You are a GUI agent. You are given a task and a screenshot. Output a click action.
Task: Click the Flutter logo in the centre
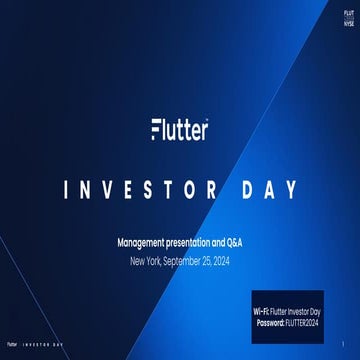click(179, 130)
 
